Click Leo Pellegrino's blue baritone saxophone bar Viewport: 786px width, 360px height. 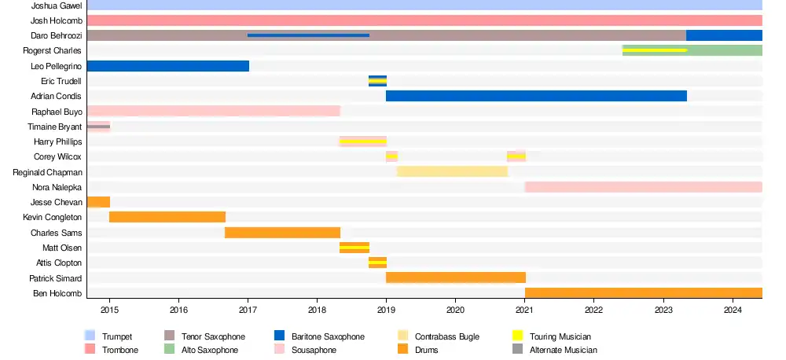(167, 66)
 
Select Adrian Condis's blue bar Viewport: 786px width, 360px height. (536, 96)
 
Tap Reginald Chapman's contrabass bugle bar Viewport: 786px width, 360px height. (452, 171)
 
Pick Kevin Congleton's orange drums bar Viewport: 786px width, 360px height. (167, 217)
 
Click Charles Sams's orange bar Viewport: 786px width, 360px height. (282, 233)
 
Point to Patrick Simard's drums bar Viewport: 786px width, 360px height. (455, 277)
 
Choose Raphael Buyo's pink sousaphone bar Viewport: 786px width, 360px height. (213, 111)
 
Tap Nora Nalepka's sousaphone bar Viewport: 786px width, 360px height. (643, 187)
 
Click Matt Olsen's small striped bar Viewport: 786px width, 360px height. (354, 248)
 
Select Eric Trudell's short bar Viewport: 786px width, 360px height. (377, 81)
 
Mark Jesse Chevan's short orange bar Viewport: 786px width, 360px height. (98, 202)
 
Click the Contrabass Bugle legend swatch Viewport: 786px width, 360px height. (403, 336)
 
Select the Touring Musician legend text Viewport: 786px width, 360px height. (560, 336)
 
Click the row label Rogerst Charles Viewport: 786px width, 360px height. (52, 51)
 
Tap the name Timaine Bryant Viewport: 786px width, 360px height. (54, 127)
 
